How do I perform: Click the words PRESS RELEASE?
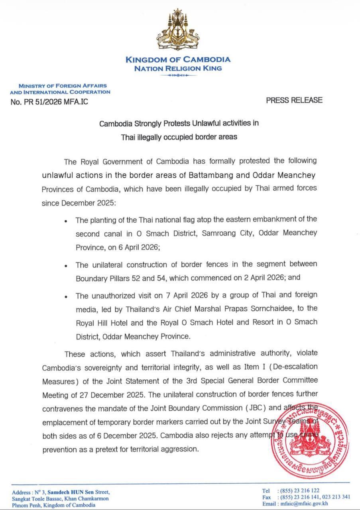point(294,100)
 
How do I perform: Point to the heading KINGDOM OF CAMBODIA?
point(178,60)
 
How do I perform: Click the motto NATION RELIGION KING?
point(178,69)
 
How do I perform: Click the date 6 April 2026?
point(136,247)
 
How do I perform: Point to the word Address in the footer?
point(21,492)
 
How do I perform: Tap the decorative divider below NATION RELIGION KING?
point(178,75)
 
